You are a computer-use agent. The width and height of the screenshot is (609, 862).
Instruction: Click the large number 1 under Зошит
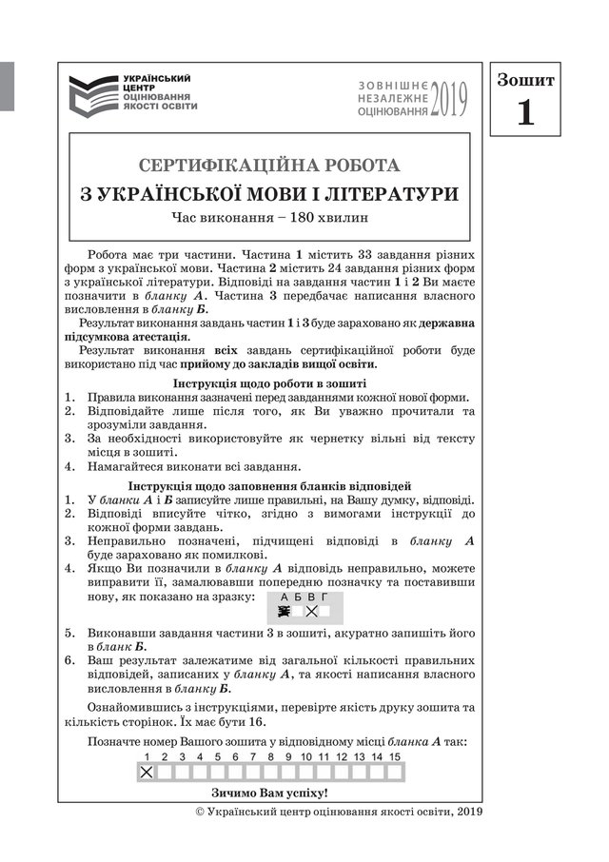point(525,112)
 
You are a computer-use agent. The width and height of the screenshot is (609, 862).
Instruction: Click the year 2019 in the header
point(449,99)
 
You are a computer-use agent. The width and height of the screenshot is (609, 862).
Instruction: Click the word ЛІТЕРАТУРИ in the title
point(389,193)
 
